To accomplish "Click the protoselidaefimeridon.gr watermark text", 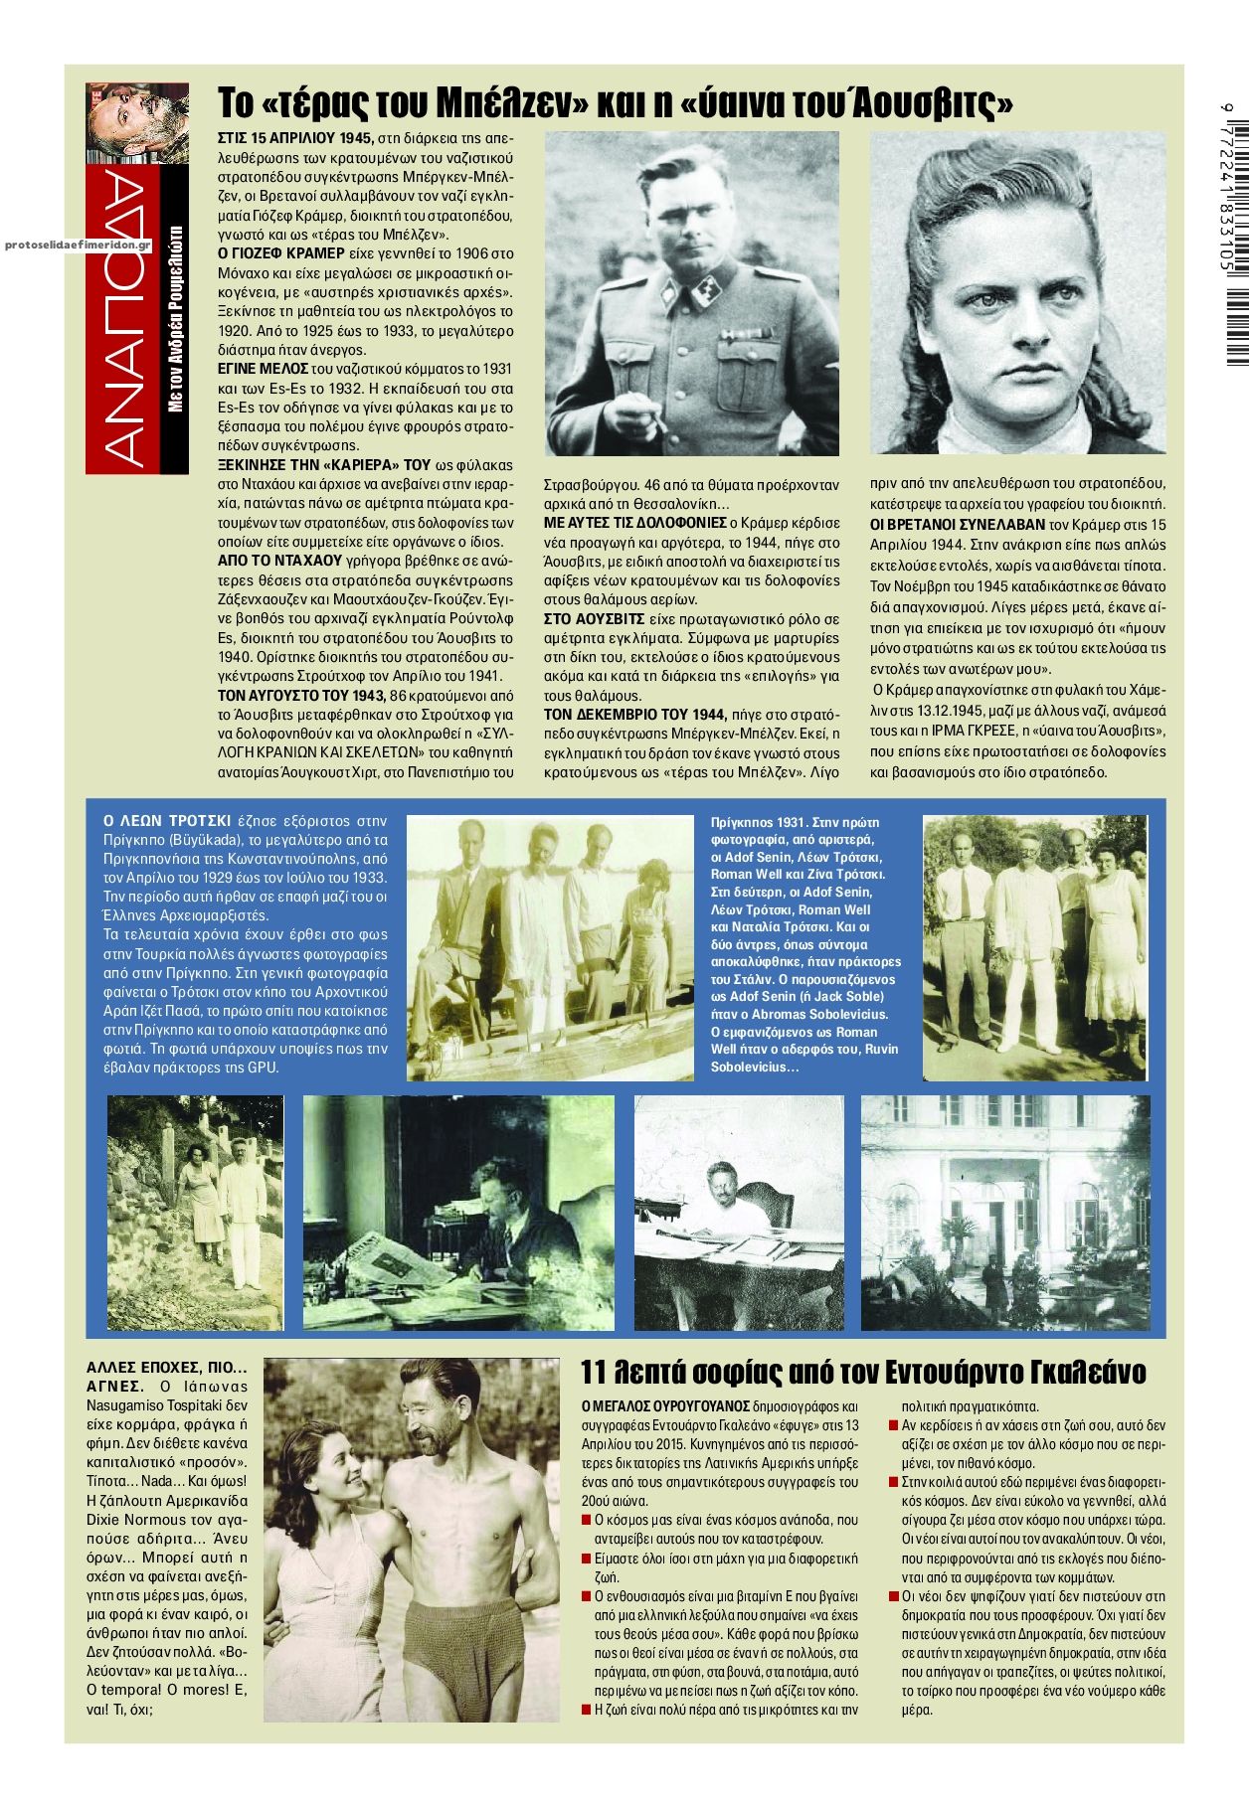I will (78, 244).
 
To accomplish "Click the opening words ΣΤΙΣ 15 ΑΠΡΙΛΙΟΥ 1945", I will (295, 138).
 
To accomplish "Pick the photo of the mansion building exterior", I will (1004, 1212).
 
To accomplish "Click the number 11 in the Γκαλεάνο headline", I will (593, 1373).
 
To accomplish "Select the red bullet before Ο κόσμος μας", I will (586, 1521).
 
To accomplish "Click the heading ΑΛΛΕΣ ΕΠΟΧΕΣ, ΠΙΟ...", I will (166, 1368).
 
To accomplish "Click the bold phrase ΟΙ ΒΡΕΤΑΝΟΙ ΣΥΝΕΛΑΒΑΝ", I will (958, 524).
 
